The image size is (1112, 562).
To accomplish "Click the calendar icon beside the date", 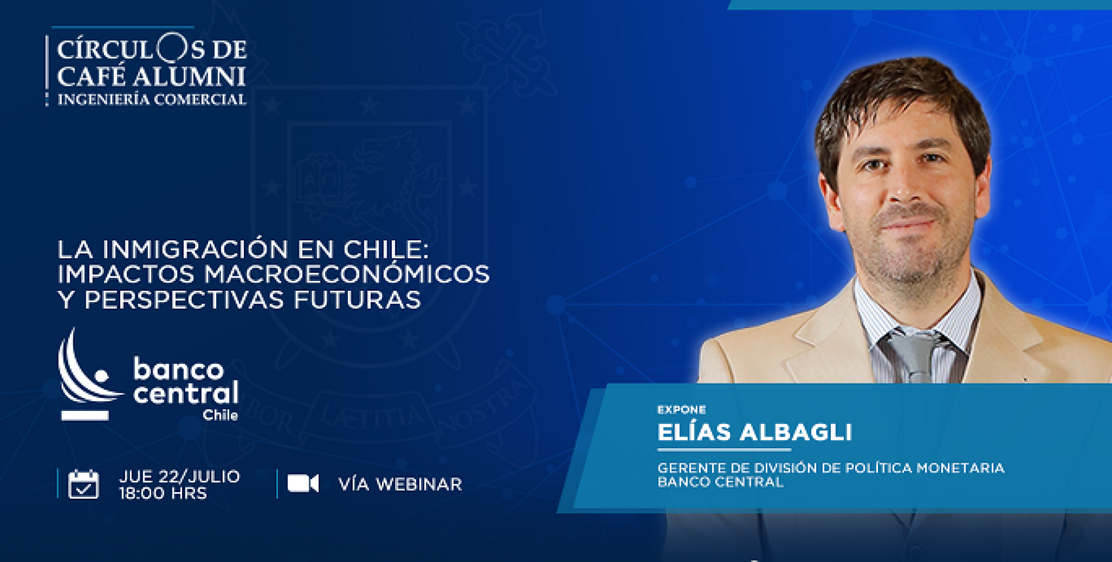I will pyautogui.click(x=83, y=484).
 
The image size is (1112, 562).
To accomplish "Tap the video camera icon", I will pyautogui.click(x=303, y=484).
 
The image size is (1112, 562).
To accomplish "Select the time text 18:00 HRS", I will pyautogui.click(x=163, y=493).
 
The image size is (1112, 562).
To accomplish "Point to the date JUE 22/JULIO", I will pyautogui.click(x=179, y=476).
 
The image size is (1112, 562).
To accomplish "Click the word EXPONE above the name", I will pyautogui.click(x=681, y=410).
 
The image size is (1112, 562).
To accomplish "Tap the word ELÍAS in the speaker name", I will pyautogui.click(x=694, y=433).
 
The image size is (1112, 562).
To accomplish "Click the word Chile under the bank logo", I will pyautogui.click(x=220, y=415).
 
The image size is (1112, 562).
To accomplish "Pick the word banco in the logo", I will pyautogui.click(x=178, y=370).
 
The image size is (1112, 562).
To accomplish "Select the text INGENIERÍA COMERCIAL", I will pyautogui.click(x=152, y=99).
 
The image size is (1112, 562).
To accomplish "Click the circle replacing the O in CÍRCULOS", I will pyautogui.click(x=171, y=48).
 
